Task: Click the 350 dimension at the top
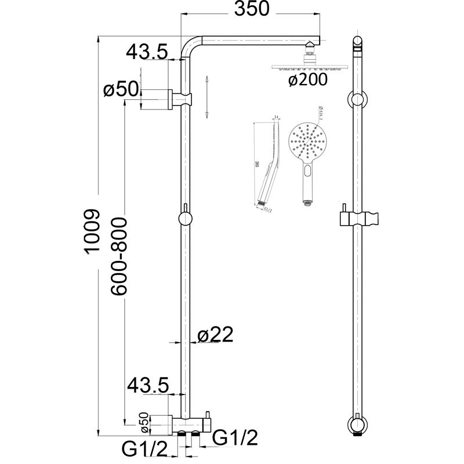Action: click(252, 9)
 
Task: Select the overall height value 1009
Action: click(93, 230)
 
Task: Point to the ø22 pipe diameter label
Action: click(215, 335)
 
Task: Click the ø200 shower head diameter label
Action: click(307, 80)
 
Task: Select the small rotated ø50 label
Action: click(144, 422)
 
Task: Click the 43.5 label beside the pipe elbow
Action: click(147, 52)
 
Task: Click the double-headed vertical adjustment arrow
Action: click(207, 97)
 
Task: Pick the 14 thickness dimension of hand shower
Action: click(276, 118)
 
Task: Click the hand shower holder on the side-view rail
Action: click(360, 219)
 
